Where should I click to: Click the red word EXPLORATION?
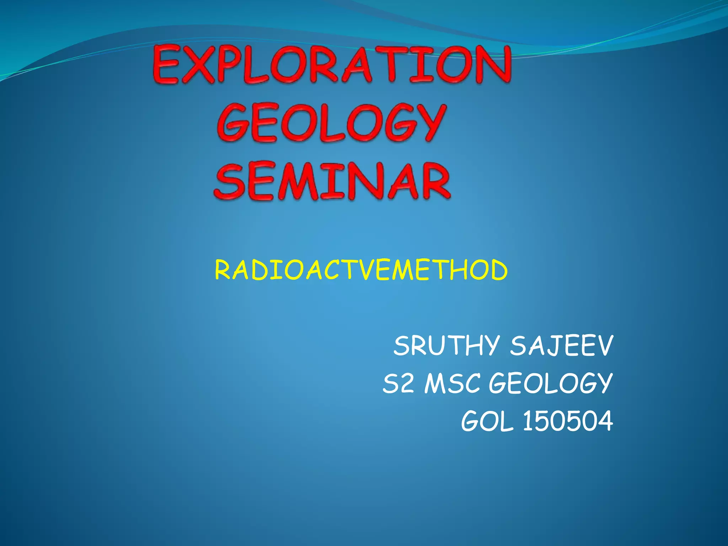(x=332, y=65)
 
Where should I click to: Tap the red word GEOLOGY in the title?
(x=331, y=123)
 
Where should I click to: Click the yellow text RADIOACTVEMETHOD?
(x=361, y=270)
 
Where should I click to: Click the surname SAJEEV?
(x=562, y=346)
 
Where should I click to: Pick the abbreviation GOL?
(x=487, y=422)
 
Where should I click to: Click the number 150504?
(x=568, y=422)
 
